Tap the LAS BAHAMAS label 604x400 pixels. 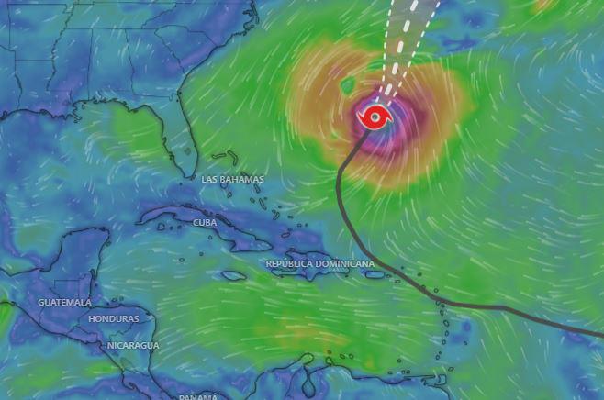(x=232, y=180)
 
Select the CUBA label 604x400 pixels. (x=205, y=223)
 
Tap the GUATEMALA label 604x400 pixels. (x=64, y=302)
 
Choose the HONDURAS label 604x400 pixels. (x=114, y=318)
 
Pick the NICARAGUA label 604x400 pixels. (x=133, y=346)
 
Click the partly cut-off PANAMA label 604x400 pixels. (x=198, y=396)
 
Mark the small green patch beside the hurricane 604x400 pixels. (x=348, y=86)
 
